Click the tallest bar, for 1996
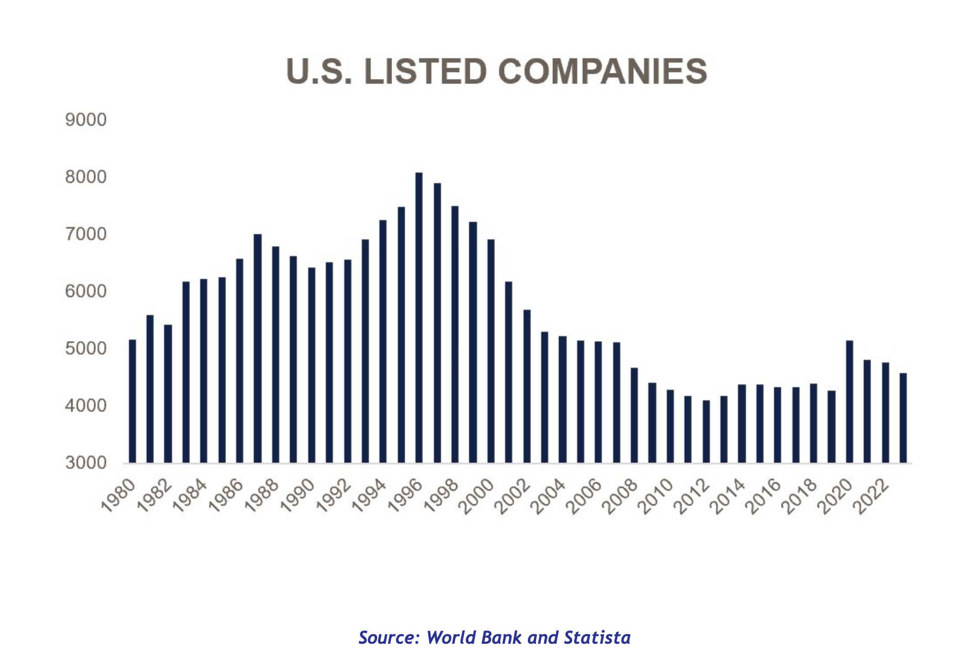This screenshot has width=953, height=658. point(419,318)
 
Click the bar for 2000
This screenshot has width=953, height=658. point(491,351)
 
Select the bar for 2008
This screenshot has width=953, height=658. point(634,415)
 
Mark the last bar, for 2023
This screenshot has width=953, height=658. point(903,418)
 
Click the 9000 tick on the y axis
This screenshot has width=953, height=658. point(86,120)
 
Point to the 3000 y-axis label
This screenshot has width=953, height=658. point(86,463)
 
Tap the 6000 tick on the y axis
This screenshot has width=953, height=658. point(86,292)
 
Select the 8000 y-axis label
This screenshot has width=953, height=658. point(86,177)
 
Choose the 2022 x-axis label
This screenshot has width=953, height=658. point(872,495)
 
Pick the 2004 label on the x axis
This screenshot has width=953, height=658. point(549,495)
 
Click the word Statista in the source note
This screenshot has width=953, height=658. point(597,638)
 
